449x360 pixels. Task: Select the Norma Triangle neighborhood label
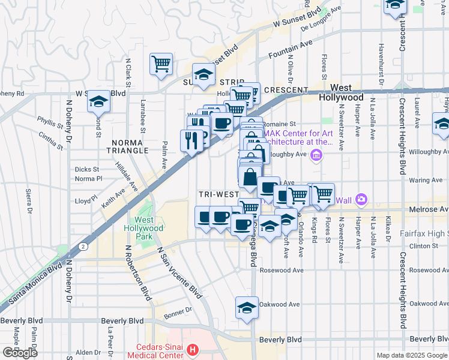click(130, 146)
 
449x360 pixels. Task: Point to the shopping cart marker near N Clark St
click(161, 64)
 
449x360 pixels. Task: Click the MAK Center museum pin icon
click(317, 157)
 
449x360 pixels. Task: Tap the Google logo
click(20, 353)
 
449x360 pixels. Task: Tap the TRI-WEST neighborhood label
click(218, 195)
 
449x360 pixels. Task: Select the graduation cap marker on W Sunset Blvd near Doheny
click(98, 102)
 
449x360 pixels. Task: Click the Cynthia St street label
click(50, 140)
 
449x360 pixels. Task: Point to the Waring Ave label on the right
click(426, 180)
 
